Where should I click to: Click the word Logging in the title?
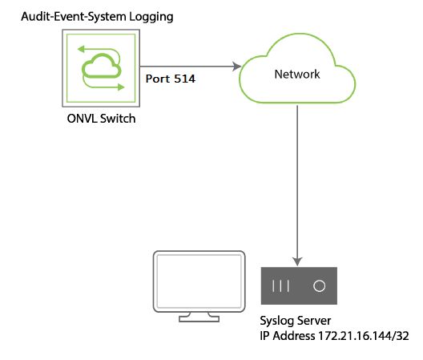[x=151, y=17]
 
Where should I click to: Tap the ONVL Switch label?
[x=101, y=119]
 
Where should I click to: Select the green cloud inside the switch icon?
[x=101, y=67]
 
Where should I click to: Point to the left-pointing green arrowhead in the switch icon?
[x=81, y=49]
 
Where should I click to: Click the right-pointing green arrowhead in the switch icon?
[x=121, y=87]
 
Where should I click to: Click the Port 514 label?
[x=170, y=79]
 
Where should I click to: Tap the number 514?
[x=184, y=79]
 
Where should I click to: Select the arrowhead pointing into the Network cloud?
[x=236, y=67]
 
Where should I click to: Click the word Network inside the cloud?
[x=297, y=74]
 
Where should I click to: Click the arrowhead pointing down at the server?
[x=297, y=261]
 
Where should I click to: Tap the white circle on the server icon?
[x=319, y=285]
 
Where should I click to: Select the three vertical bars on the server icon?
[x=281, y=285]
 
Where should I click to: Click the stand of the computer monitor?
[x=199, y=317]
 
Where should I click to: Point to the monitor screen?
[x=199, y=281]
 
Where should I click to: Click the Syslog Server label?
[x=296, y=321]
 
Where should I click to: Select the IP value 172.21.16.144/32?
[x=364, y=336]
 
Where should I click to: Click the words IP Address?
[x=288, y=336]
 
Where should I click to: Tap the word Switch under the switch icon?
[x=118, y=119]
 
